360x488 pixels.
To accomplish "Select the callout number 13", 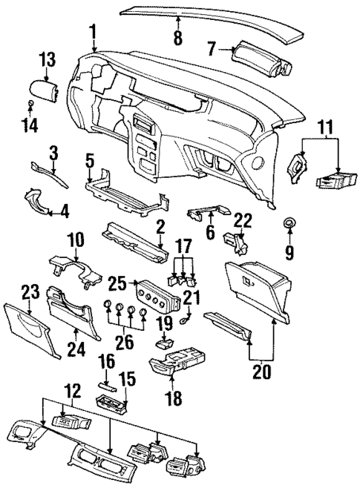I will point(47,59).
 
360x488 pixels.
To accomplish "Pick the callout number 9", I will point(289,251).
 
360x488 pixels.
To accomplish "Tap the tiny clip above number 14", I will point(30,102).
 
